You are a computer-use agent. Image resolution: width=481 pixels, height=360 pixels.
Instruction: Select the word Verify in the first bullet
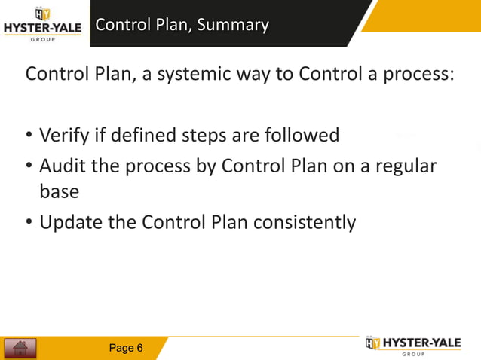coord(64,136)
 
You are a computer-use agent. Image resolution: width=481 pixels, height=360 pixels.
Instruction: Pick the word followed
coord(302,136)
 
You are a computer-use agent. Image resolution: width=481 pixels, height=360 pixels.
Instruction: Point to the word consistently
coord(304,223)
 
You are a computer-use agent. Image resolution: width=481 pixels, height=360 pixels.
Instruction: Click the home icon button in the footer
coord(20,348)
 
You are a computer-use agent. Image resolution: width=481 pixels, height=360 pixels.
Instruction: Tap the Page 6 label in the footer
coord(126,348)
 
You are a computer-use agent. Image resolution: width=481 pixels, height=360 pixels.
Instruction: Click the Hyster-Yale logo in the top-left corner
coord(43,25)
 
